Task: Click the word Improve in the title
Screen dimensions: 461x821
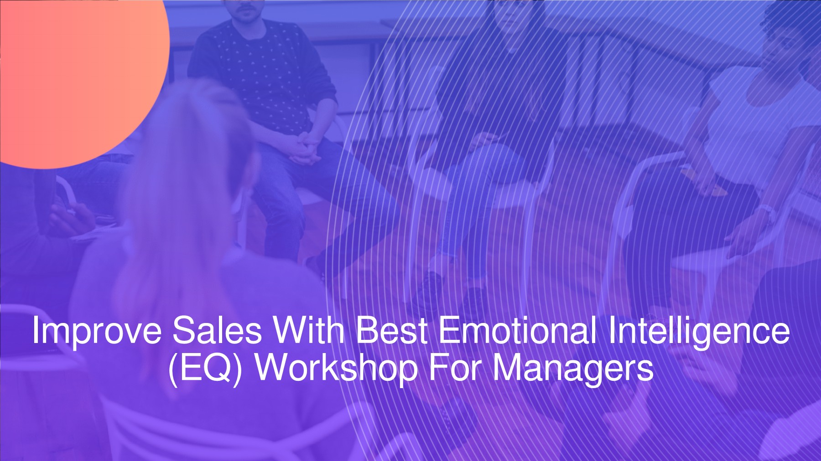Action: click(96, 332)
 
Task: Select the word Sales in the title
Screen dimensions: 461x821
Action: click(217, 331)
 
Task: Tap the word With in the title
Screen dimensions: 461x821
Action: click(308, 331)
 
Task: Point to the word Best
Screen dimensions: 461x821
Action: click(391, 331)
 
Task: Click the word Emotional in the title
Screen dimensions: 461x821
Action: click(517, 331)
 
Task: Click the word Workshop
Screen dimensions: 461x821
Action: click(336, 368)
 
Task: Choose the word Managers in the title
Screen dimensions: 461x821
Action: click(573, 368)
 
